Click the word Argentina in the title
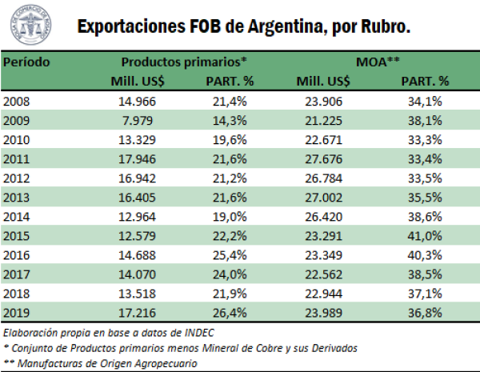pos(271,26)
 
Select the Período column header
pos(28,62)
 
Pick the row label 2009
pos(17,118)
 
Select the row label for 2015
pos(17,237)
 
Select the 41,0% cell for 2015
pos(425,237)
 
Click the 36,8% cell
pos(425,315)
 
